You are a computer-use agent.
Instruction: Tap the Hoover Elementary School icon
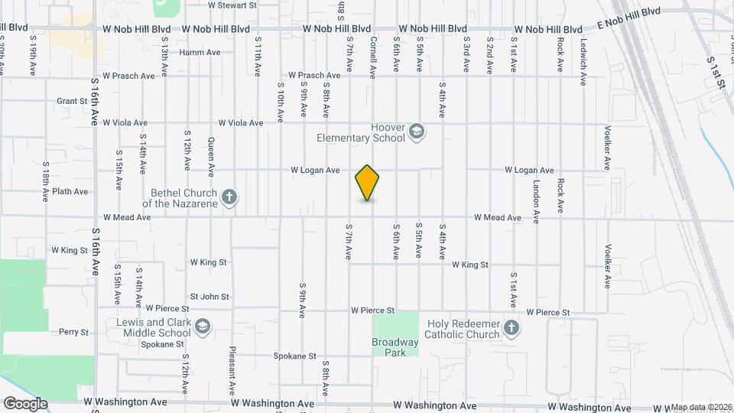click(416, 132)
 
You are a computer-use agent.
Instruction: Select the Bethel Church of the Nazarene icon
click(229, 198)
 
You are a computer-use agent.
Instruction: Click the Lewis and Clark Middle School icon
click(203, 327)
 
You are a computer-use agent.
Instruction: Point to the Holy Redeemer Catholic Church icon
click(512, 329)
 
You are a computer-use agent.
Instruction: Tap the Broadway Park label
click(395, 347)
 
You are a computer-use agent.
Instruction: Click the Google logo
click(25, 404)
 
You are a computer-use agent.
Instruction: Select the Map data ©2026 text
click(700, 407)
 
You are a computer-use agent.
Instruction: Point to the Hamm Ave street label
click(200, 53)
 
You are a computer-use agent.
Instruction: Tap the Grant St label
click(73, 101)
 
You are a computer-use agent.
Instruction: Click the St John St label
click(209, 296)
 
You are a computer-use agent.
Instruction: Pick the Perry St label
click(74, 333)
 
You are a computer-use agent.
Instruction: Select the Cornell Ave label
click(373, 57)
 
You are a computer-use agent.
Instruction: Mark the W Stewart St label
click(232, 5)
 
